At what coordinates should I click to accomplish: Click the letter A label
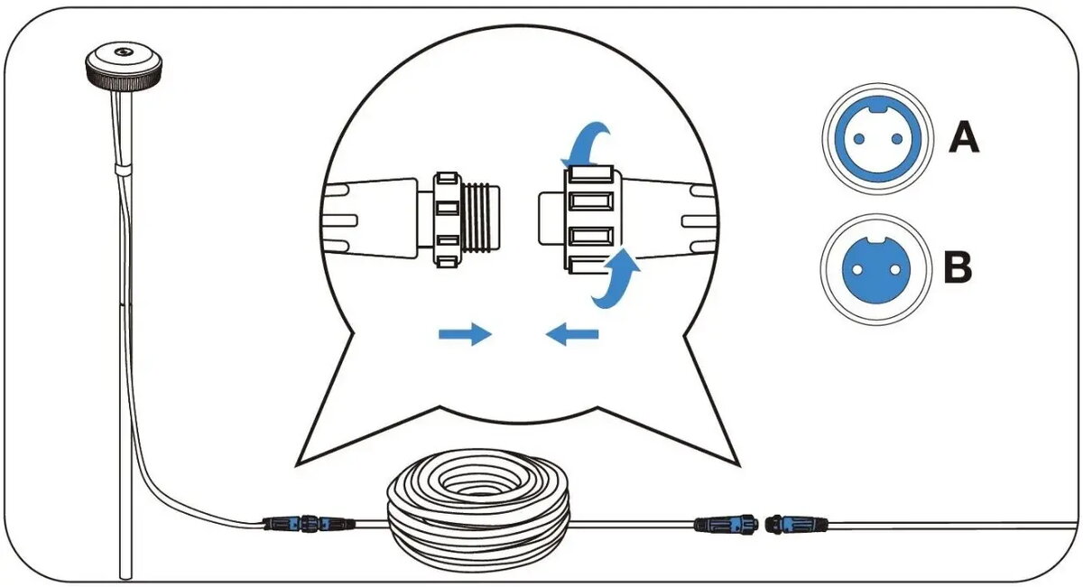tap(964, 137)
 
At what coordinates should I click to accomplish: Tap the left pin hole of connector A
tap(859, 139)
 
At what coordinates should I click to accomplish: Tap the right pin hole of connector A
tap(897, 139)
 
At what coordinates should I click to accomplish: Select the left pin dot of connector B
tap(857, 269)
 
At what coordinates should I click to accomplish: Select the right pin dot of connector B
tap(895, 269)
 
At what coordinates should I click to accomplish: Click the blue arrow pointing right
tap(465, 334)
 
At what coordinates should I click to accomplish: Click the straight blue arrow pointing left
tap(572, 334)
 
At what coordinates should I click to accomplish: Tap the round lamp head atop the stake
tap(124, 65)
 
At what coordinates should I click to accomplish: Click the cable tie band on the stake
tap(124, 170)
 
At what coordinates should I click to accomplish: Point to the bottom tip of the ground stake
tap(125, 577)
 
